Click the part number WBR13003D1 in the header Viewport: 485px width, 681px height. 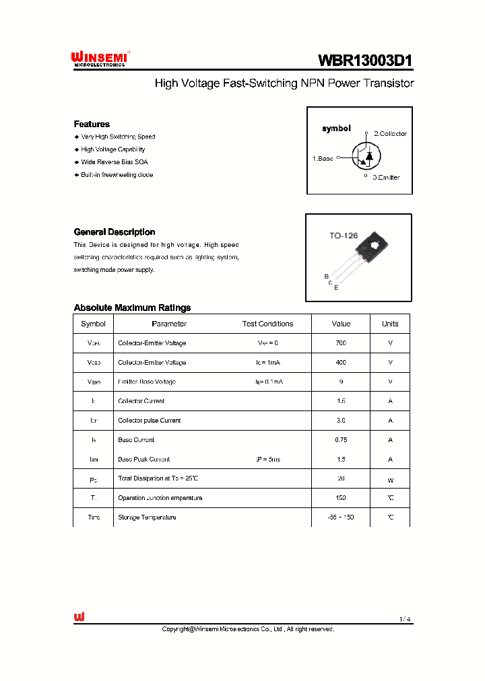[364, 60]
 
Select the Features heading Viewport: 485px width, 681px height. [92, 124]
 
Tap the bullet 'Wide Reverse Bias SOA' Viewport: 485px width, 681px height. [115, 162]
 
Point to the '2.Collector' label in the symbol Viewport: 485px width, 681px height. [390, 134]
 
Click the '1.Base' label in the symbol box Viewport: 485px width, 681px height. [323, 158]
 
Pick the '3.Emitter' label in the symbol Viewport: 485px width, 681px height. [386, 178]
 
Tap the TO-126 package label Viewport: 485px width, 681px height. [343, 236]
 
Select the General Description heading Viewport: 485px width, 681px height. [115, 232]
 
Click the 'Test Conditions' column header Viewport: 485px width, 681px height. [267, 324]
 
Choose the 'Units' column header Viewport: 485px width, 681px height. [390, 324]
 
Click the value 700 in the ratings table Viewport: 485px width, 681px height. [341, 343]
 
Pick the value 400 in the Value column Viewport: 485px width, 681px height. [341, 363]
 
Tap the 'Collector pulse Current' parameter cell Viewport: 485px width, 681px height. [149, 421]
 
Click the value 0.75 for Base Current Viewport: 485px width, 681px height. [341, 440]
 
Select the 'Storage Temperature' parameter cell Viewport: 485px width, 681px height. [147, 517]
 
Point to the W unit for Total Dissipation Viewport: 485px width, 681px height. [390, 480]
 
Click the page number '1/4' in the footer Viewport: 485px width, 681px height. [404, 619]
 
